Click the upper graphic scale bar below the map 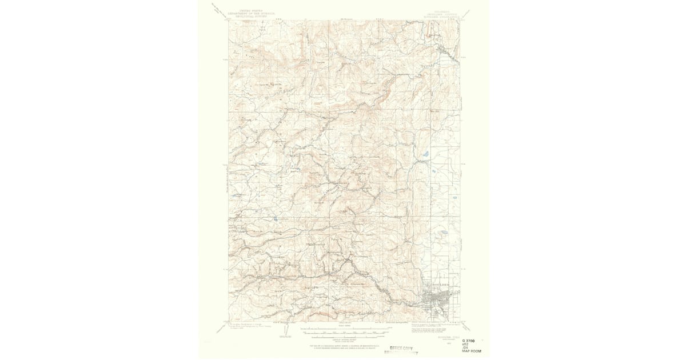pos(343,329)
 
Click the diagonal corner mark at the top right pos(465,12)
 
